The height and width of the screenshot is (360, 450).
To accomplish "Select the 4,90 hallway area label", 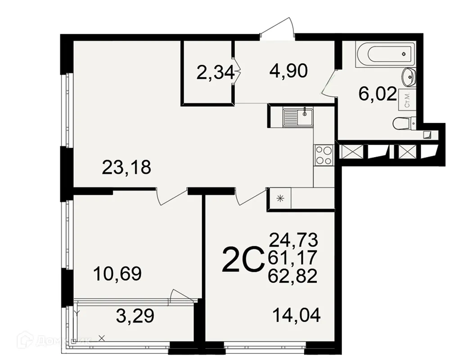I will tap(288, 71).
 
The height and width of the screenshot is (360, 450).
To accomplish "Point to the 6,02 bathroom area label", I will tap(377, 94).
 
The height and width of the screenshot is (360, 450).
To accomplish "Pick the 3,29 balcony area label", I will tap(135, 316).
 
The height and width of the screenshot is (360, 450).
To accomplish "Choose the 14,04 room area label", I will tap(297, 315).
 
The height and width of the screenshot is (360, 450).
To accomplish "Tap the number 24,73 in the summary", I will tap(293, 239).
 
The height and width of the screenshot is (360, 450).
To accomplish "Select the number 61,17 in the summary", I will tap(293, 258).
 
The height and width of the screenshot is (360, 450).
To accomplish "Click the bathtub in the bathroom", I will tap(390, 54).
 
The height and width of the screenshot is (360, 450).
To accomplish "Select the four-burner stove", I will tap(323, 155).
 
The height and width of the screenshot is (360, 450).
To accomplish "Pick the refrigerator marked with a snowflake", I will tap(280, 198).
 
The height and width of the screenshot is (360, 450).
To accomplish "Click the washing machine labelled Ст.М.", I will tap(407, 99).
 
